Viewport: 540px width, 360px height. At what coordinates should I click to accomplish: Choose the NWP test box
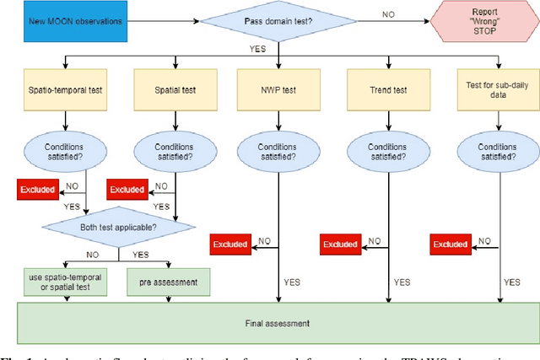278,88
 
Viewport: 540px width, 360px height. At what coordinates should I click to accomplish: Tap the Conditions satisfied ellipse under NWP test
278,148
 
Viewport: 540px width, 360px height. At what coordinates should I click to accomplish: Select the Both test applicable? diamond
118,226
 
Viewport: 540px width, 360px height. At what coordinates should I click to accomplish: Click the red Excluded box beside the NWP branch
231,244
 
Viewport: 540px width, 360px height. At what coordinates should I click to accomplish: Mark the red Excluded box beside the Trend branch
341,244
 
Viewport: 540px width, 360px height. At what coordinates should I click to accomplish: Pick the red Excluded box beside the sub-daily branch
451,244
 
